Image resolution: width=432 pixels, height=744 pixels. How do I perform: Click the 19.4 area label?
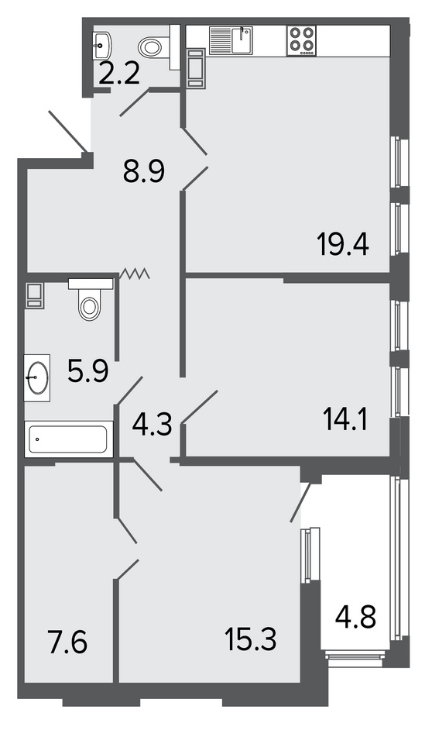point(343,246)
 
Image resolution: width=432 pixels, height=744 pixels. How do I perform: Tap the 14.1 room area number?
point(345,420)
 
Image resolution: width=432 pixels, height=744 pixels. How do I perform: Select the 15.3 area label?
point(251,639)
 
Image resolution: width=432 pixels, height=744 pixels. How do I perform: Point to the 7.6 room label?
point(68,642)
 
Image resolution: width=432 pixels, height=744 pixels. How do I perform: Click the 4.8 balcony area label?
point(355,618)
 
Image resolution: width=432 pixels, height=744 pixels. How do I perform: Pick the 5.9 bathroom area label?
point(88,371)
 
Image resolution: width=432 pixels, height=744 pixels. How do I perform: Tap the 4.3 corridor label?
point(152,425)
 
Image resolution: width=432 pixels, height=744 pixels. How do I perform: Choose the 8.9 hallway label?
point(144,171)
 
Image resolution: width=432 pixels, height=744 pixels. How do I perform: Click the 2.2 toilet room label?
point(119,74)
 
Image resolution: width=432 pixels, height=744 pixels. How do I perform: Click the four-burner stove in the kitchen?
point(302,41)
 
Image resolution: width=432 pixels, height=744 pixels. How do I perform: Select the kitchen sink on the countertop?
point(231,41)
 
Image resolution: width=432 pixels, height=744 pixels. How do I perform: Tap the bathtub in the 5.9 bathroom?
point(68,439)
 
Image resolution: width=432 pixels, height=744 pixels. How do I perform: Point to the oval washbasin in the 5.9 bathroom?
point(37,377)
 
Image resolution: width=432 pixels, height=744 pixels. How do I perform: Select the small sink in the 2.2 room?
point(102,43)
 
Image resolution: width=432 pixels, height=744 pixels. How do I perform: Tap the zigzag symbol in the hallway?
point(135,273)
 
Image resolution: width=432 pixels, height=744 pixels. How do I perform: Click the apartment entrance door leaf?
point(68,130)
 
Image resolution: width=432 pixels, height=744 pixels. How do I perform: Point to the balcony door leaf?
point(301,502)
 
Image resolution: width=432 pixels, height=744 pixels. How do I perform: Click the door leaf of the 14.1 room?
point(200,406)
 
